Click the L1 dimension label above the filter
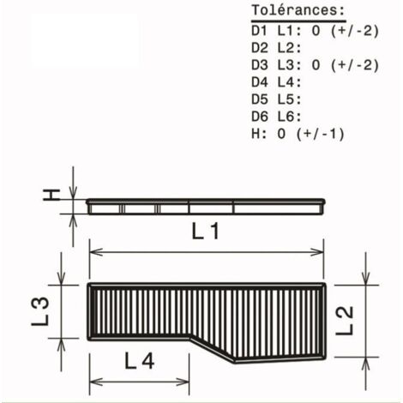click(x=205, y=232)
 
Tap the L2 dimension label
click(x=345, y=321)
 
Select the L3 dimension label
click(x=40, y=311)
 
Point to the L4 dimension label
click(x=140, y=361)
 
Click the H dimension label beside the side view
click(x=51, y=195)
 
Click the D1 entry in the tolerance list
click(x=259, y=31)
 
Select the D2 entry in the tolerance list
click(x=260, y=48)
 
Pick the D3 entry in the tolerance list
click(x=260, y=65)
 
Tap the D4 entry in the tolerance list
click(x=260, y=82)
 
